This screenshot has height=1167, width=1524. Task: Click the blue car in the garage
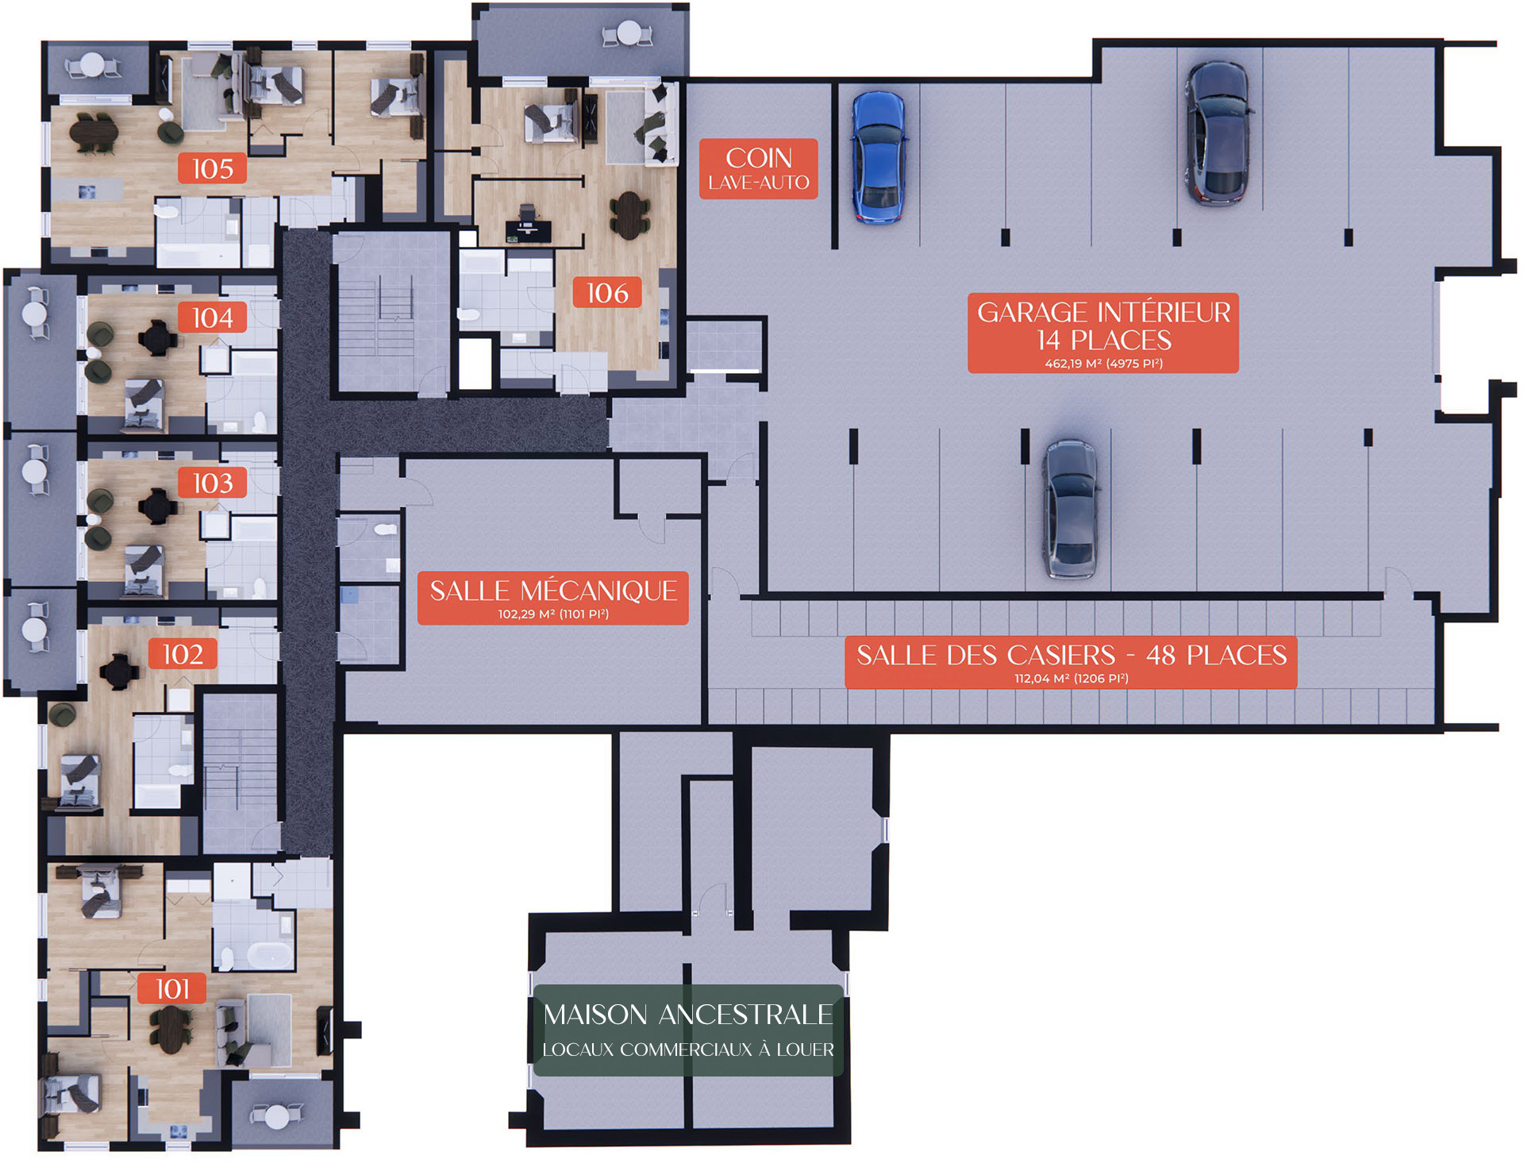878,157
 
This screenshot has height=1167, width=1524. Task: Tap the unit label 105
213,168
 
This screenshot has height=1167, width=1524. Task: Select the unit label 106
607,293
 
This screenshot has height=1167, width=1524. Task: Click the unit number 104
213,318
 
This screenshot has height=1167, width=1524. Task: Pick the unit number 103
213,483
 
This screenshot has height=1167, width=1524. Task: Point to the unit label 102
183,654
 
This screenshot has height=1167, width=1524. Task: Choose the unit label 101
172,989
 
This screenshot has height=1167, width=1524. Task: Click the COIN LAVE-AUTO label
759,168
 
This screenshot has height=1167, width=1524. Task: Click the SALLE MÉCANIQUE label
553,598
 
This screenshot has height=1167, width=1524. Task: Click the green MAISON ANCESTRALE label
688,1030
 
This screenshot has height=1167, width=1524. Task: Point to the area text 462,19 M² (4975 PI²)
1103,364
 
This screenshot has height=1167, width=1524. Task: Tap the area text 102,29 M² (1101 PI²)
553,614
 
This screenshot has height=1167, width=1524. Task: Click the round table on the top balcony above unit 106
629,33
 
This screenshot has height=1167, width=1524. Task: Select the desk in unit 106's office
528,228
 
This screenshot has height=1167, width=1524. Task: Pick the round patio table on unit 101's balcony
277,1117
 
